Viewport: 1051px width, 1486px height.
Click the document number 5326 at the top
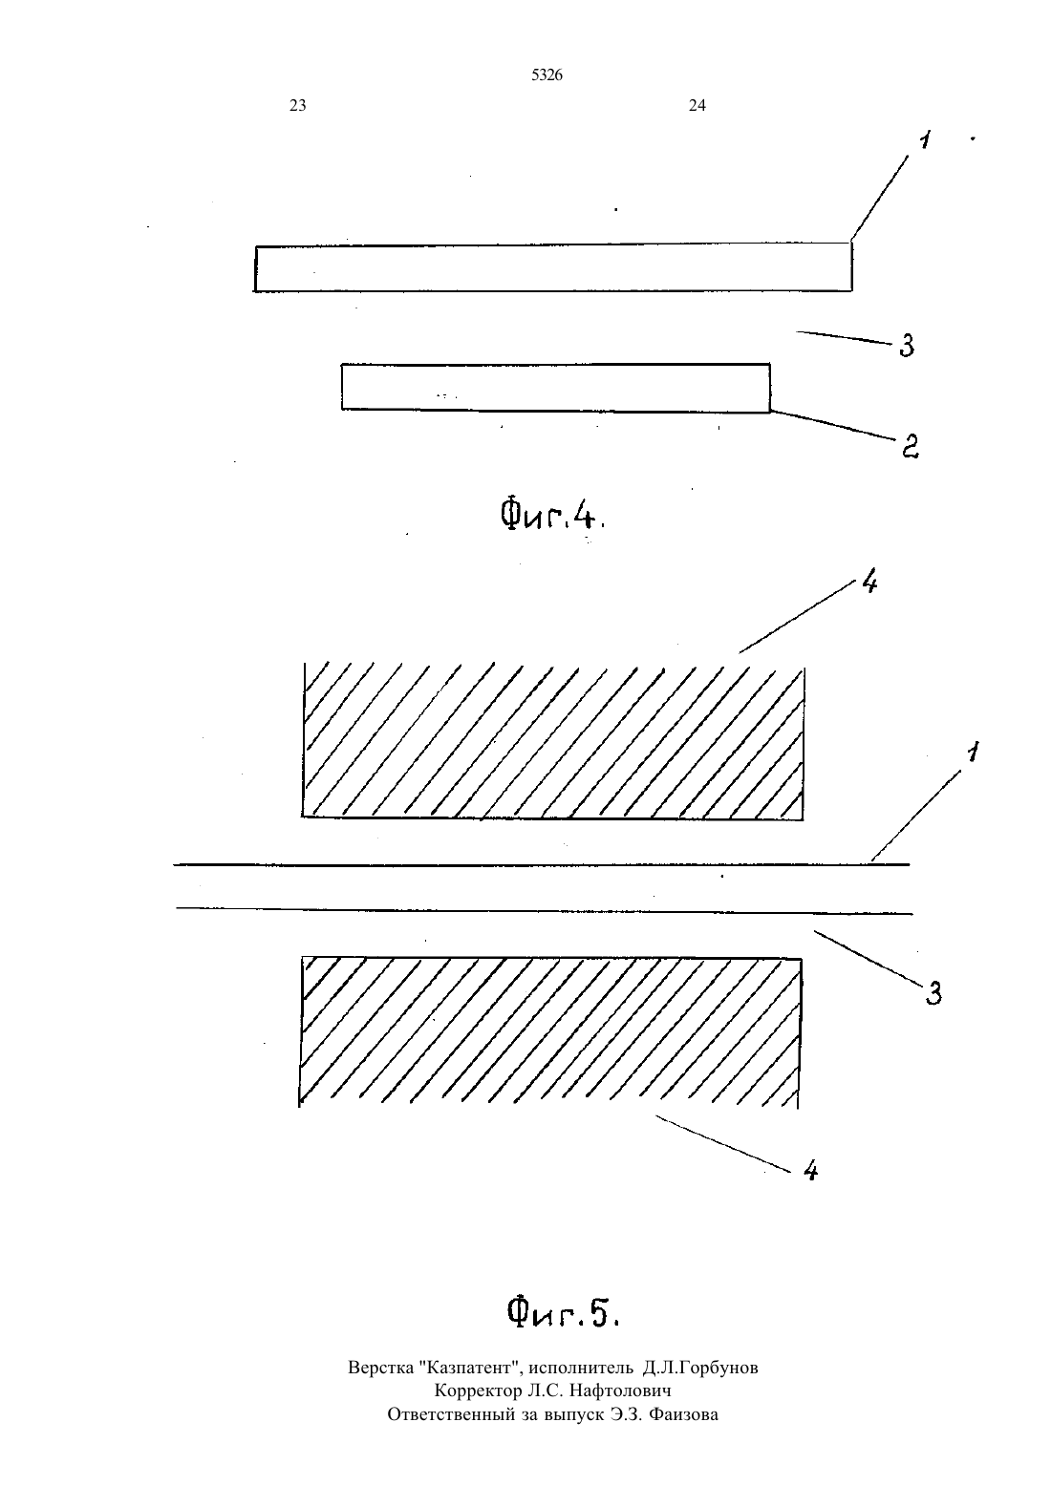click(x=547, y=75)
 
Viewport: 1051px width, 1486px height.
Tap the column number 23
click(x=298, y=105)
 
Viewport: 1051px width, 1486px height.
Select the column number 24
click(x=697, y=105)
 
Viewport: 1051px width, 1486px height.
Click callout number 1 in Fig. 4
click(x=924, y=139)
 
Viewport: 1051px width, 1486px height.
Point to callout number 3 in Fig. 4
click(x=907, y=346)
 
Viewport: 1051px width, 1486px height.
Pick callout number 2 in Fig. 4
click(x=911, y=446)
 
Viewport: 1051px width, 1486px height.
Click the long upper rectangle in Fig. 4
click(x=552, y=267)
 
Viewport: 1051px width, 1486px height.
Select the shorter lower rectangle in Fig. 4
click(x=556, y=388)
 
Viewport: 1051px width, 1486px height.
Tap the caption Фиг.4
click(x=552, y=515)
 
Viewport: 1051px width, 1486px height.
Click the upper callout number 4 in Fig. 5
click(x=869, y=583)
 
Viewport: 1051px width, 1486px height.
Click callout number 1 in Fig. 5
click(x=973, y=753)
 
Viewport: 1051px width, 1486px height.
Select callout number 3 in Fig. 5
click(x=933, y=993)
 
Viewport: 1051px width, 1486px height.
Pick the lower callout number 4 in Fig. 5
click(x=810, y=1170)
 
